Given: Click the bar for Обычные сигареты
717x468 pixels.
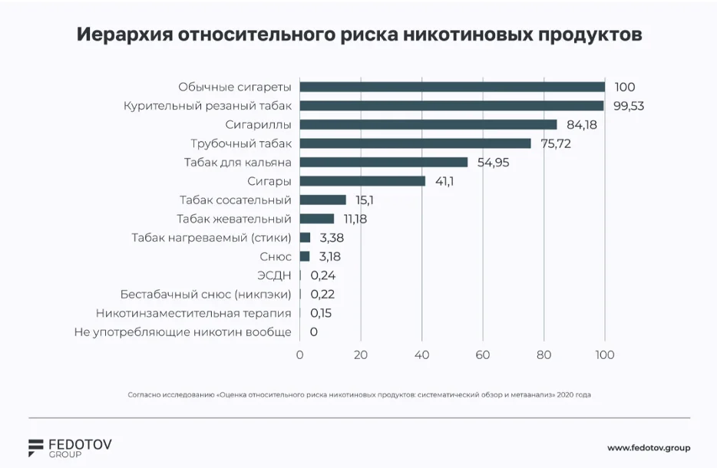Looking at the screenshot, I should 452,87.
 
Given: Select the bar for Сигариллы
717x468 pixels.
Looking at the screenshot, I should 428,124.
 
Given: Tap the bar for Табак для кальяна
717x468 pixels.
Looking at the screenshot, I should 384,162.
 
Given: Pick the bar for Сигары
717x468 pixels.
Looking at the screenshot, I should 362,181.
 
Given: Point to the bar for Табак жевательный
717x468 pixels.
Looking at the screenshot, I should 317,219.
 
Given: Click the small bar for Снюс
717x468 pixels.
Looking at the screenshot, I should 305,256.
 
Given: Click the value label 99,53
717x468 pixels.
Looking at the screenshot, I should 627,106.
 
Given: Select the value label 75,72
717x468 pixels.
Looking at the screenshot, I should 556,143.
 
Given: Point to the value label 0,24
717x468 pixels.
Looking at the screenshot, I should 322,275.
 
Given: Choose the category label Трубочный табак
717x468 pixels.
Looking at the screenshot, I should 241,143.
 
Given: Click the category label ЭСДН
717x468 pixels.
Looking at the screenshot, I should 275,275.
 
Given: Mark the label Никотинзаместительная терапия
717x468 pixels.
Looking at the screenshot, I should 193,313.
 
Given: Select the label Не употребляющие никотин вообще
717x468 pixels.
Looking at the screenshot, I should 183,332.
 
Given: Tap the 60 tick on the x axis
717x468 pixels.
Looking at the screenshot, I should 482,355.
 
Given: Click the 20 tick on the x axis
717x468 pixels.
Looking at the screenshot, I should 361,355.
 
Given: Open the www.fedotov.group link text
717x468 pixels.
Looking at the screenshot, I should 648,447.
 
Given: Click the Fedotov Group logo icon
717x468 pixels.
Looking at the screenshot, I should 37,447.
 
